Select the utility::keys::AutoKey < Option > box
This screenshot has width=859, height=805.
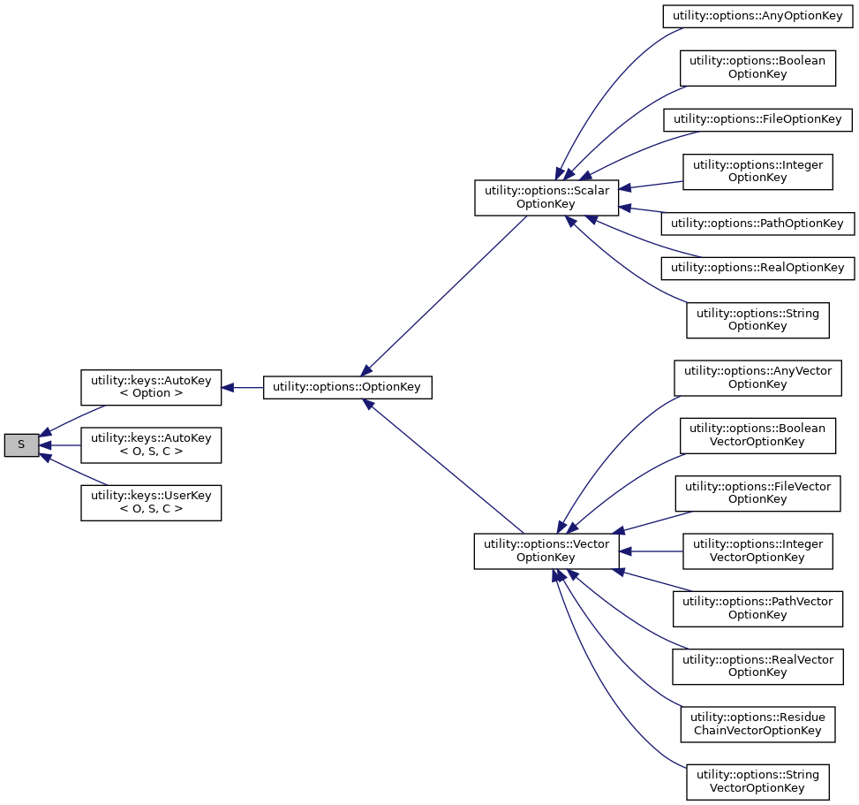pos(151,387)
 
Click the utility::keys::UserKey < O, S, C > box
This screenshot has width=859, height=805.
pos(151,503)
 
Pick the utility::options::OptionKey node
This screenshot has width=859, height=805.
pos(347,387)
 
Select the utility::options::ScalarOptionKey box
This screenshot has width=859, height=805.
pos(546,197)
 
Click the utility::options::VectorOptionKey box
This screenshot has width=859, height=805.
pos(546,551)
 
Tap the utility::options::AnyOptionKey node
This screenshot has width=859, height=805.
pos(757,17)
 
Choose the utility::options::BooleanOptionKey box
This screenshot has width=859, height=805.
pos(757,68)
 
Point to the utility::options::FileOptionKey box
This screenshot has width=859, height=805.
pos(757,119)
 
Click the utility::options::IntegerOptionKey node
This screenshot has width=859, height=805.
pos(757,171)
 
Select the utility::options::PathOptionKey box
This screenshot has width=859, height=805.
pos(757,224)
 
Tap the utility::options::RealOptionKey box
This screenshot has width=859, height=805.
pos(757,268)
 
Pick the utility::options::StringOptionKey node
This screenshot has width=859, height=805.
pos(757,319)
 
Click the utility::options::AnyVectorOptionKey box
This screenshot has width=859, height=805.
pos(757,377)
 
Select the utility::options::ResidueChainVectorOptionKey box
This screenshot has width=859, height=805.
pos(757,724)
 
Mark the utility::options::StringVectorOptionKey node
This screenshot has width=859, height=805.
pos(757,781)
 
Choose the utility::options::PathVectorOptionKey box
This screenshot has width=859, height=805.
pos(757,608)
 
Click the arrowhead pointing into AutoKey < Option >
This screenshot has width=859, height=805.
pos(228,387)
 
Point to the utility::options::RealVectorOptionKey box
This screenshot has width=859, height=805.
pos(757,665)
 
